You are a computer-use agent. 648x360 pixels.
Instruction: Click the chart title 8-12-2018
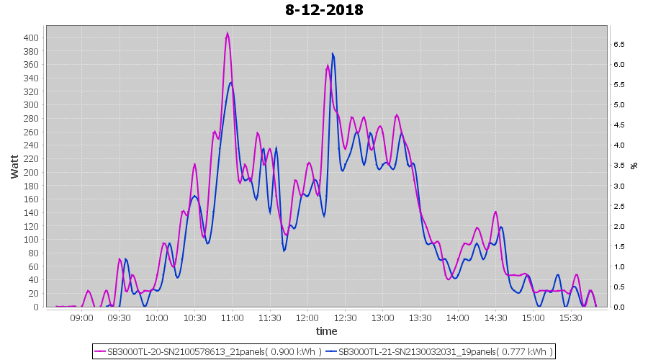pos(324,10)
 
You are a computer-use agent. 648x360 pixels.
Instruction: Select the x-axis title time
pos(326,331)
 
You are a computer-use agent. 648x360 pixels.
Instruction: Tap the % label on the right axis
pos(634,165)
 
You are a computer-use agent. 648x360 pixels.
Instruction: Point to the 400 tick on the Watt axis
pos(33,37)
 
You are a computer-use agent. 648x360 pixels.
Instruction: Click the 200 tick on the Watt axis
pos(33,172)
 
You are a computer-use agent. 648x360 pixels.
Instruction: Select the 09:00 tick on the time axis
pos(81,318)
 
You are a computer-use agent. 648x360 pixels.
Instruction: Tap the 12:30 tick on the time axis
pos(345,318)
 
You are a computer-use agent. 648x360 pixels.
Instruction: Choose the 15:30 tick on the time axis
pos(570,318)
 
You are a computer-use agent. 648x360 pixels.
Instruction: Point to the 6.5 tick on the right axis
pos(618,44)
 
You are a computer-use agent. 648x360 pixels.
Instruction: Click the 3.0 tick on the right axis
pos(618,186)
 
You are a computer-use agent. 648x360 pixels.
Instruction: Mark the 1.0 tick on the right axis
pos(618,266)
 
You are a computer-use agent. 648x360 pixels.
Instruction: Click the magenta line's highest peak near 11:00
pos(228,33)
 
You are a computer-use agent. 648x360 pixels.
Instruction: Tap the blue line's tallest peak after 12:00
pos(333,53)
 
